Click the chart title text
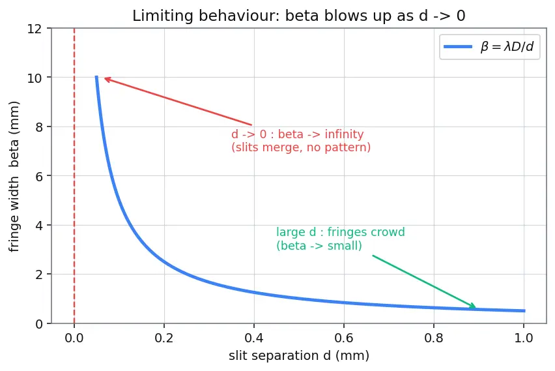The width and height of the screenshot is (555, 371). click(x=299, y=16)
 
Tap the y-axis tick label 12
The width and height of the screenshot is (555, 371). click(x=35, y=29)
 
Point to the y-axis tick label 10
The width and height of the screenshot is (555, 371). click(x=35, y=78)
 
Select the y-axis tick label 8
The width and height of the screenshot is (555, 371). click(x=38, y=127)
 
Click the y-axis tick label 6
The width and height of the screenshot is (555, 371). click(x=38, y=176)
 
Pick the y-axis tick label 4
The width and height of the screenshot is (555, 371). click(x=38, y=226)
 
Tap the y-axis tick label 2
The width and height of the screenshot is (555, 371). click(x=38, y=275)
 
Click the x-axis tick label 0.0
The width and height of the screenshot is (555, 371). click(x=74, y=338)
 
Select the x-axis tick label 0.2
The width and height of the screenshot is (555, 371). click(x=164, y=338)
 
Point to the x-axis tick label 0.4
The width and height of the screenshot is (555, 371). click(x=254, y=338)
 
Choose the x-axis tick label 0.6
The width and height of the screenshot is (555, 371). click(x=344, y=338)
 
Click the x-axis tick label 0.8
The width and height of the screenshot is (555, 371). click(x=434, y=338)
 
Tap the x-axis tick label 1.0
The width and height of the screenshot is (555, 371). click(x=524, y=338)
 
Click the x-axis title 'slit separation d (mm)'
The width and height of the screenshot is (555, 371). click(x=299, y=355)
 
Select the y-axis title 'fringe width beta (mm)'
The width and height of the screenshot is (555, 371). click(x=14, y=177)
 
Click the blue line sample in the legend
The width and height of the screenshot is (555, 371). click(x=458, y=47)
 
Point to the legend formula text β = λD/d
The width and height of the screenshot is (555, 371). click(x=507, y=46)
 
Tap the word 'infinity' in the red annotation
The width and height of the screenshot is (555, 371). click(x=344, y=134)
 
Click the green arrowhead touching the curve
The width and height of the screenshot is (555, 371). click(x=472, y=305)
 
